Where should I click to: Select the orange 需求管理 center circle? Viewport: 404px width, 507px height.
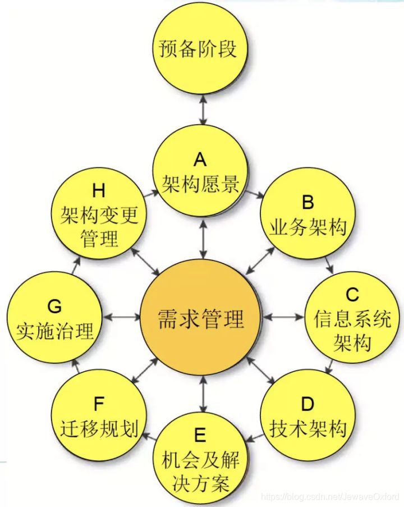click(x=201, y=318)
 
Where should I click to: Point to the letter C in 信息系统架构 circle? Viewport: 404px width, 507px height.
click(x=352, y=294)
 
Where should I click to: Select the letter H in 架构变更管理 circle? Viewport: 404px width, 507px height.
click(x=99, y=191)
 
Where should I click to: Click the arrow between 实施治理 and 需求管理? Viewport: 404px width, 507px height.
click(x=121, y=317)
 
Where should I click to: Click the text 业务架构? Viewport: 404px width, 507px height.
click(x=307, y=227)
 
